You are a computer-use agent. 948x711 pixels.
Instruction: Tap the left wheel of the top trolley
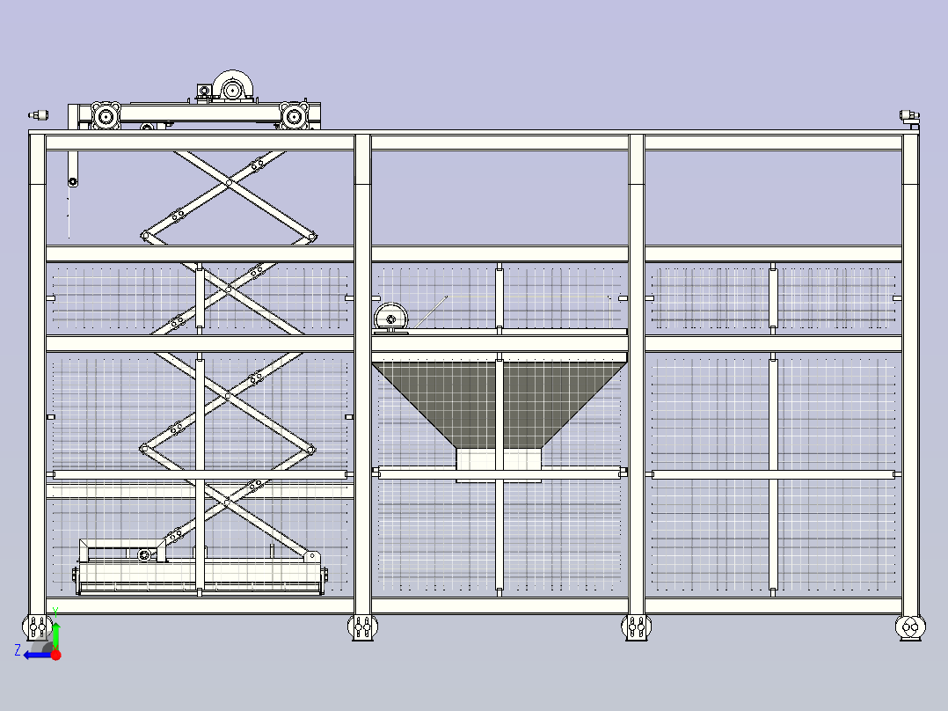106,115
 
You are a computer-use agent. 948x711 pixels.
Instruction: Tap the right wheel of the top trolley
295,115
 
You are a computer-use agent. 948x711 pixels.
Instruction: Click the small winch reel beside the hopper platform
390,319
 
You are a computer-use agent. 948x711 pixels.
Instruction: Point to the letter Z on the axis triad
18,650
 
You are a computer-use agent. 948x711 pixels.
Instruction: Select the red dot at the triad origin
55,655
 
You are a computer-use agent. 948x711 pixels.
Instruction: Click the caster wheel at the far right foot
910,627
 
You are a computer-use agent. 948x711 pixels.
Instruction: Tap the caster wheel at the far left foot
37,627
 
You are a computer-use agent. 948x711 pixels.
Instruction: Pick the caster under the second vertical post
362,627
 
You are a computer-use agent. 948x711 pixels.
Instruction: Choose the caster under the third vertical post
637,627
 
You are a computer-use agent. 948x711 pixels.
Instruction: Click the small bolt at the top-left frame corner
39,115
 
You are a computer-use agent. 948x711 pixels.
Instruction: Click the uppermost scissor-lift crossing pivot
229,182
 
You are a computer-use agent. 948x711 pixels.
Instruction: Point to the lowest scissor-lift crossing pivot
227,502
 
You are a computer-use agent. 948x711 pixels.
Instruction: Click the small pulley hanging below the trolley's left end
72,181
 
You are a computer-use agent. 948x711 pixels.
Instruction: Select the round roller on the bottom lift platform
144,555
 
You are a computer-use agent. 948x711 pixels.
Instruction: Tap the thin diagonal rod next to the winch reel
431,312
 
